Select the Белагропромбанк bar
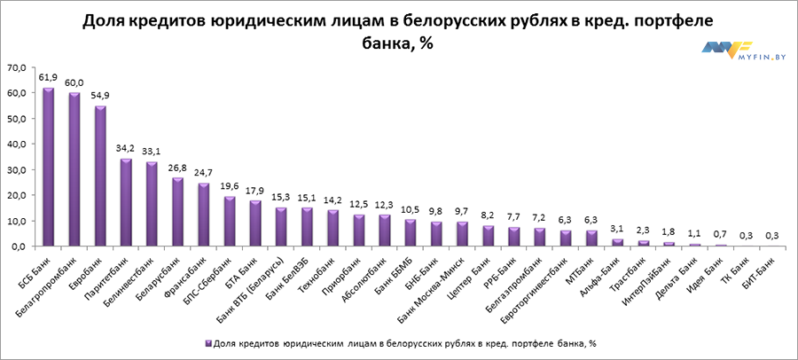(74, 169)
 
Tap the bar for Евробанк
(100, 176)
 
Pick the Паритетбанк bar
(126, 202)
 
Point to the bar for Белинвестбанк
(152, 204)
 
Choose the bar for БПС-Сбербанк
(230, 221)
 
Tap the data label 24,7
(204, 174)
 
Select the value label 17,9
(255, 191)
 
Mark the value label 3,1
(592, 229)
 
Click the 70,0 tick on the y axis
(18, 67)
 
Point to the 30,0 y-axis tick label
(18, 169)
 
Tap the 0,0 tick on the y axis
(20, 247)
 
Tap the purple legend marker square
(206, 341)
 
